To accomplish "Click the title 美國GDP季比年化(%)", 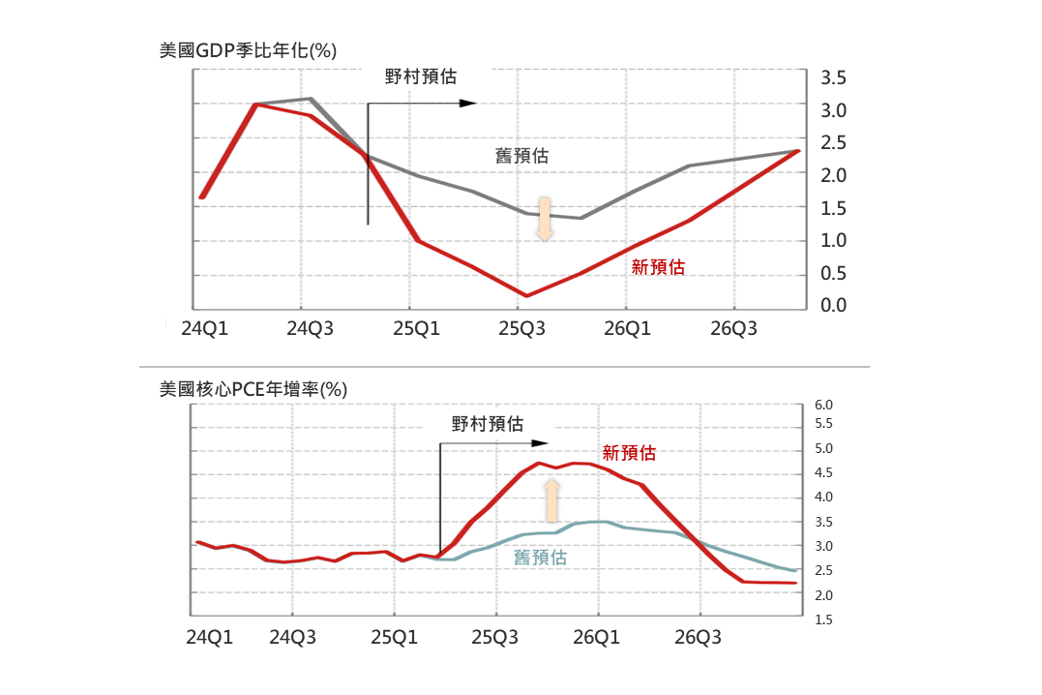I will point(248,50).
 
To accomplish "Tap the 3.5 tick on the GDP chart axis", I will point(834,77).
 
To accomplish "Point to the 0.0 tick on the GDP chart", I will point(834,306).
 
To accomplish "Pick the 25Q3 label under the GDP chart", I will point(521,329).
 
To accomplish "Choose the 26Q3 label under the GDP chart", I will point(733,329).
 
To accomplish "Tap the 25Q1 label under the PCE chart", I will point(394,638).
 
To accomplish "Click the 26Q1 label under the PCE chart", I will point(597,638).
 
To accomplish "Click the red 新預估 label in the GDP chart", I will point(658,268).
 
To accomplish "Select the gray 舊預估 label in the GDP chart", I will point(522,155).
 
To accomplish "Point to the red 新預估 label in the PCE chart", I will point(629,452).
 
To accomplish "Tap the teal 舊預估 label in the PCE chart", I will point(540,558).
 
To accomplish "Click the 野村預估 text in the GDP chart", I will point(421,76).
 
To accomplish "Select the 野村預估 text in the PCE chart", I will point(488,424).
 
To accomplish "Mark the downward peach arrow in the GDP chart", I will point(545,219).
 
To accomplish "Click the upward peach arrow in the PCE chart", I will point(551,501).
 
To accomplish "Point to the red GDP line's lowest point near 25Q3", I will point(527,295).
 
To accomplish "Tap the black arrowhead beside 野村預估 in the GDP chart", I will point(469,103).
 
